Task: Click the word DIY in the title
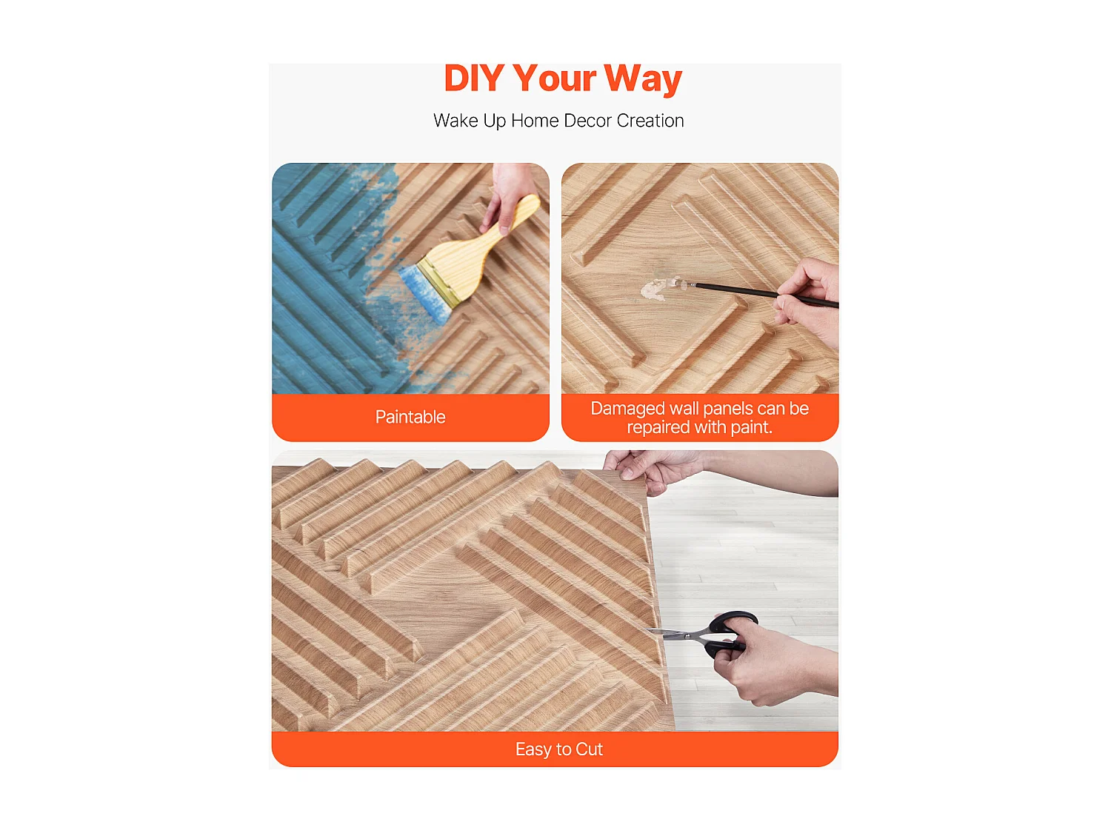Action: click(x=473, y=78)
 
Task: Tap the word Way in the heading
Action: click(x=642, y=78)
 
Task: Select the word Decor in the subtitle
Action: click(x=587, y=121)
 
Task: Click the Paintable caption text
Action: click(x=410, y=417)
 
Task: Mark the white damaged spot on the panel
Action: click(x=655, y=290)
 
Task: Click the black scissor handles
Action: click(x=730, y=633)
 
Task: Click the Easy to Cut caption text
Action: click(x=558, y=749)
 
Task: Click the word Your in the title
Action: click(x=554, y=78)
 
